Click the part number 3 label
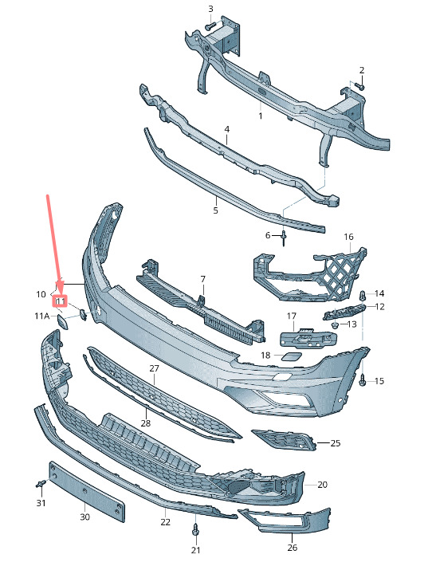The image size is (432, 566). pyautogui.click(x=210, y=9)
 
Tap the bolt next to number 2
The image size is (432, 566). pyautogui.click(x=359, y=86)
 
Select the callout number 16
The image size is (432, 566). pyautogui.click(x=348, y=237)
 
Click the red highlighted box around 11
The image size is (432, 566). pyautogui.click(x=61, y=301)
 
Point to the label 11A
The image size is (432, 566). pyautogui.click(x=42, y=316)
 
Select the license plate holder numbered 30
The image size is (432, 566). pyautogui.click(x=87, y=491)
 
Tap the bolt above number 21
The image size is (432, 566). pyautogui.click(x=195, y=529)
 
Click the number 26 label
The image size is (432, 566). pyautogui.click(x=293, y=547)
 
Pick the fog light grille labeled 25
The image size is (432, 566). pyautogui.click(x=284, y=440)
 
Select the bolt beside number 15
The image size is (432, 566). pyautogui.click(x=363, y=379)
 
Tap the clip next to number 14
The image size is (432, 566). pyautogui.click(x=363, y=296)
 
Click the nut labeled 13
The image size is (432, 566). pyautogui.click(x=335, y=325)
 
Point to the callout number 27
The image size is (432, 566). pyautogui.click(x=154, y=368)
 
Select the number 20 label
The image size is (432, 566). pyautogui.click(x=322, y=485)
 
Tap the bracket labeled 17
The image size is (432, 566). pyautogui.click(x=308, y=339)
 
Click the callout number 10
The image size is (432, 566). pyautogui.click(x=41, y=294)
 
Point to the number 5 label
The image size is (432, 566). pyautogui.click(x=215, y=210)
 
